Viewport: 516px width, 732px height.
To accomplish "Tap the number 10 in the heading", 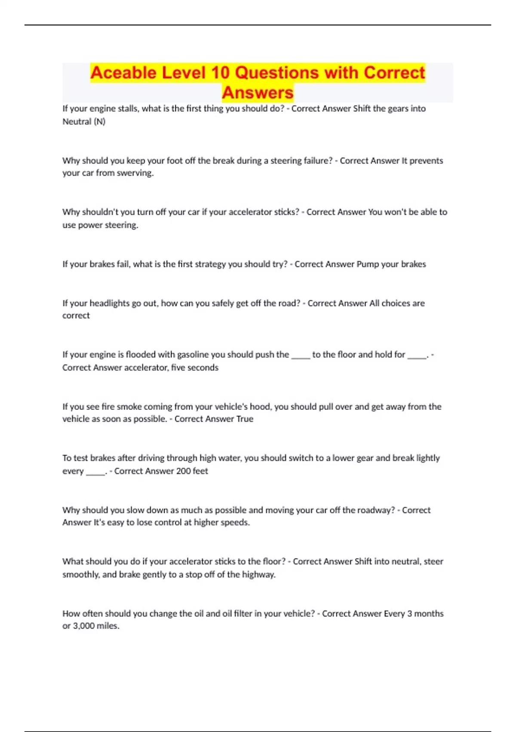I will (220, 73).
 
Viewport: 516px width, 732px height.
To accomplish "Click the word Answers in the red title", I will (258, 93).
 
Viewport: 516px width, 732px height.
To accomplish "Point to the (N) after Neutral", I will (99, 121).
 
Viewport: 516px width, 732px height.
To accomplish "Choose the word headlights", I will (109, 303).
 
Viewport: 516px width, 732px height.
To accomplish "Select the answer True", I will (245, 419).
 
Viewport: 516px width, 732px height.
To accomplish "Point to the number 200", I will (183, 471).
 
